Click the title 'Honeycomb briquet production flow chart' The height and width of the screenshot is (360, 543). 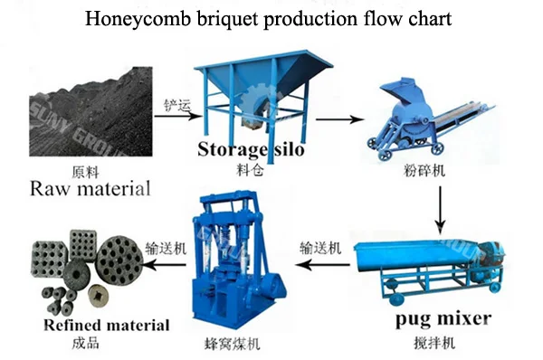(271, 19)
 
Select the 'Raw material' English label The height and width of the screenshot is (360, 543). (90, 189)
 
